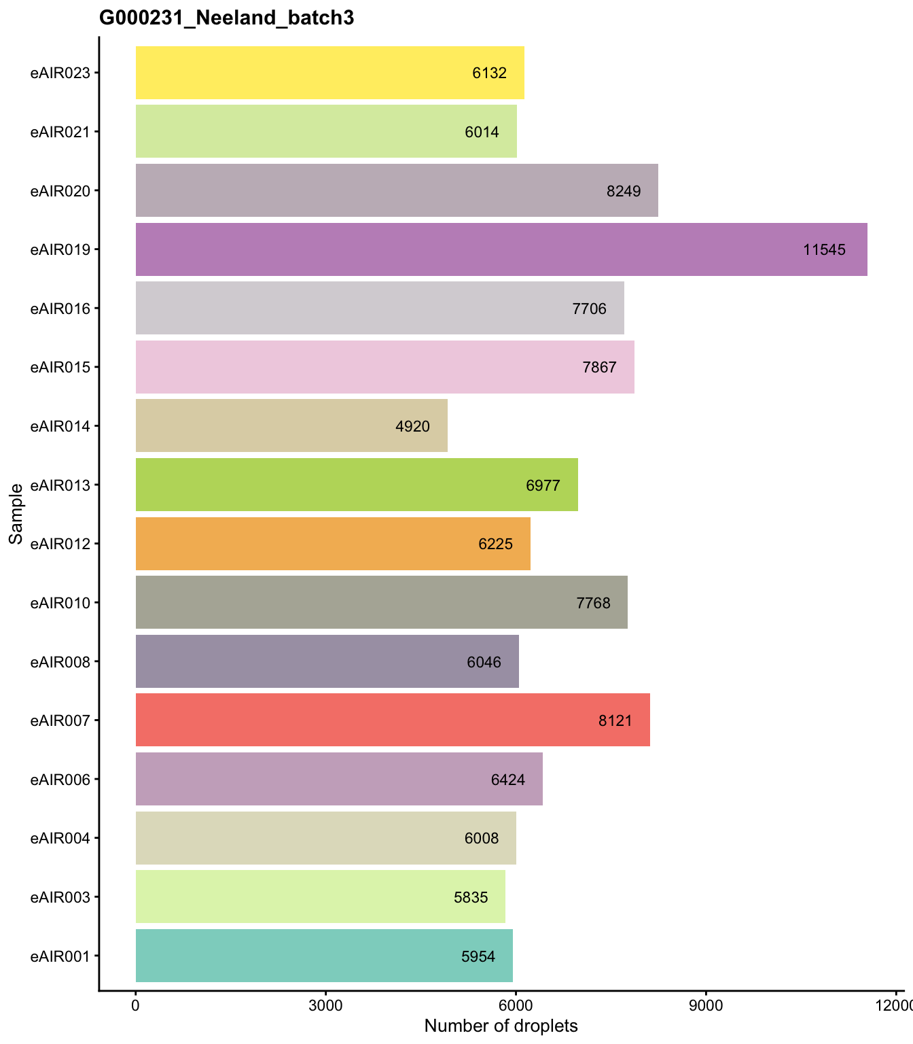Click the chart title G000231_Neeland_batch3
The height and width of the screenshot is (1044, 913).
[x=226, y=18]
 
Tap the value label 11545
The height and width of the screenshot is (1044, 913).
[x=824, y=249]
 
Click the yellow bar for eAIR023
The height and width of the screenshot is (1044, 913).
[x=299, y=73]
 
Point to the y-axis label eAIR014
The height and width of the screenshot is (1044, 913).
[x=60, y=426]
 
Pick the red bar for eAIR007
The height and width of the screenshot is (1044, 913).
[x=367, y=720]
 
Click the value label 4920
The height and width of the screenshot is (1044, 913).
[x=412, y=426]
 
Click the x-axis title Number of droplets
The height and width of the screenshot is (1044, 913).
[x=501, y=1026]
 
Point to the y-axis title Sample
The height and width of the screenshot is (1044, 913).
[x=16, y=513]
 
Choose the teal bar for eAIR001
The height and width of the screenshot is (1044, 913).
[x=299, y=956]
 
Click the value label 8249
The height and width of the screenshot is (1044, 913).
[x=624, y=191]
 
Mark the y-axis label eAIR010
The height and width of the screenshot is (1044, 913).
[x=60, y=603]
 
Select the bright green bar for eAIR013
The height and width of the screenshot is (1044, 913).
[x=326, y=485]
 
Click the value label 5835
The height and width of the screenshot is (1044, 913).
[x=471, y=897]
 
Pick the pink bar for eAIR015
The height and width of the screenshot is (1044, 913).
[x=353, y=367]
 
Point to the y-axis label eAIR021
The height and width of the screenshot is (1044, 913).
[x=60, y=132]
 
